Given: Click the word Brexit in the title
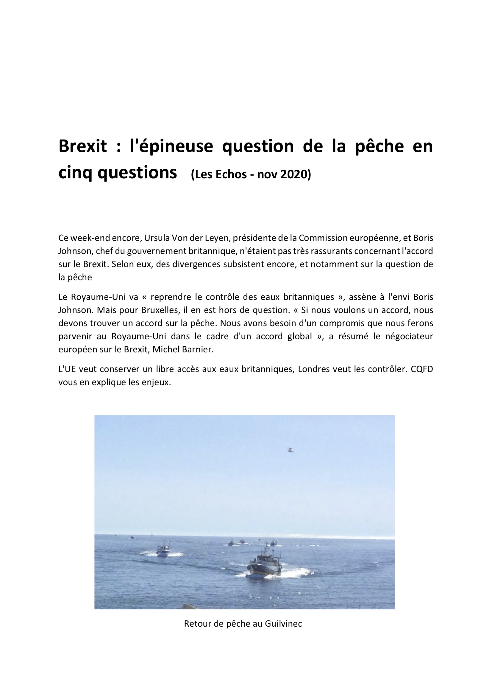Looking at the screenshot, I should [82, 146].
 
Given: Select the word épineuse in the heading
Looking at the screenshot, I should [171, 146].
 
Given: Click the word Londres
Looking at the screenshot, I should [314, 369].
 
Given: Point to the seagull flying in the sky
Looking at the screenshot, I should [290, 450].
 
